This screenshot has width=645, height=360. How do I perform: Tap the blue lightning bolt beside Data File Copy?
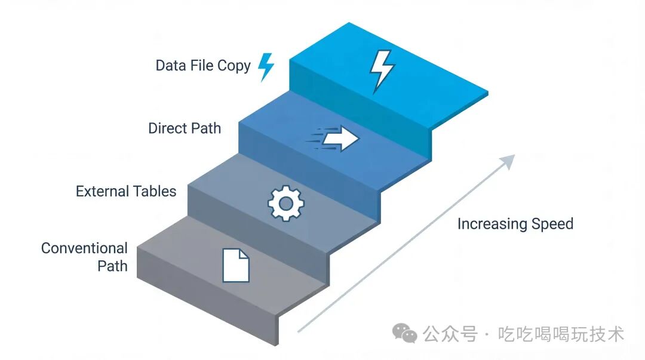click(x=266, y=66)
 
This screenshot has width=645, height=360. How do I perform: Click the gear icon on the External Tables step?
click(x=285, y=203)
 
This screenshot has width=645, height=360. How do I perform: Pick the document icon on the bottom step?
click(x=236, y=265)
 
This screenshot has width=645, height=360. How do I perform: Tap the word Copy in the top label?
click(x=234, y=66)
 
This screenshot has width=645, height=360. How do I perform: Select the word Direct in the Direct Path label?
click(x=168, y=128)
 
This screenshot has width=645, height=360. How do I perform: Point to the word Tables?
click(x=154, y=191)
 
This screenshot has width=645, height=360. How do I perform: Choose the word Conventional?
click(x=84, y=248)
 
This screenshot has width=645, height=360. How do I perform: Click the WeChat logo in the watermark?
click(x=404, y=334)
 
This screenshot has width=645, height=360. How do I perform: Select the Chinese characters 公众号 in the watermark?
click(x=450, y=334)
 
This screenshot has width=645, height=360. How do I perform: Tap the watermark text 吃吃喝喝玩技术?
click(x=561, y=334)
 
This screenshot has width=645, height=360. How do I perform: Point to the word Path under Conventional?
click(x=112, y=266)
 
